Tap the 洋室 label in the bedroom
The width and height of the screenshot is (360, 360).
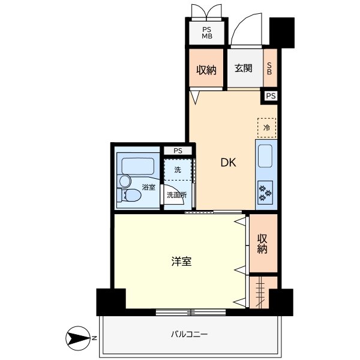[x=181, y=262]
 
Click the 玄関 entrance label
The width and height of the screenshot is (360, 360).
[x=243, y=69]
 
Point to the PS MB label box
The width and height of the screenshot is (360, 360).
[x=206, y=32]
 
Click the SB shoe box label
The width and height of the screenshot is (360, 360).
[x=269, y=68]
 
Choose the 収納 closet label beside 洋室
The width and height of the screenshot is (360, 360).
[x=263, y=243]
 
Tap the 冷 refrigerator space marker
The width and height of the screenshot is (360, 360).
[x=266, y=127]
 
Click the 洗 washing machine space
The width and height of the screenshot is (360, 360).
[x=178, y=170]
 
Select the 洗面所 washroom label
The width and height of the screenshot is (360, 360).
[x=176, y=195]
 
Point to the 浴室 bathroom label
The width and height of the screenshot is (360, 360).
[x=149, y=187]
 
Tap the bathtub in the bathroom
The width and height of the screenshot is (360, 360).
[x=137, y=166]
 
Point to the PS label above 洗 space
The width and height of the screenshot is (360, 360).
[x=178, y=151]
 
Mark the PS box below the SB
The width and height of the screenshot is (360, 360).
[x=271, y=95]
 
